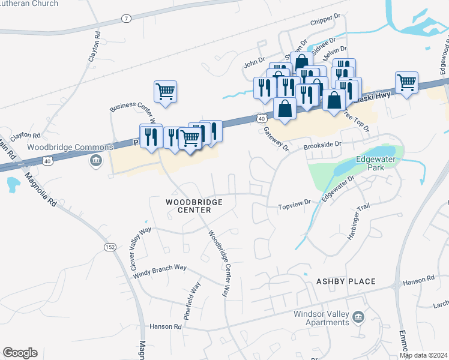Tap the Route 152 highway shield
pos(109,247)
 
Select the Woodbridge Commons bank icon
pos(96,160)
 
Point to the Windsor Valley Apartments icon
pos(358,317)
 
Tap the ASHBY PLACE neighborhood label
pos(346,281)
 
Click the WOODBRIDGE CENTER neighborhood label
pos(194,206)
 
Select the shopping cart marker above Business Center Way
pos(165,92)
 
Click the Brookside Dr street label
pos(322,145)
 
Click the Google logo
pos(20,353)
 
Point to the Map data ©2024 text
pos(423,355)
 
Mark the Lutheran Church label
pos(29,4)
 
